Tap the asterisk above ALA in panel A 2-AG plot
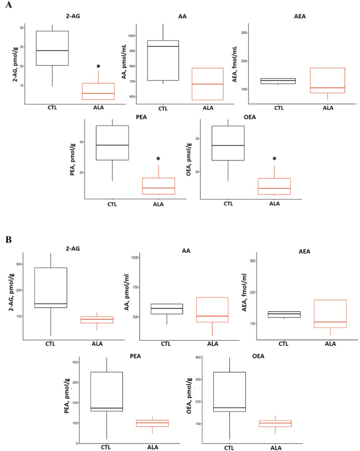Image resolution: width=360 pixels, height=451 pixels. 98,67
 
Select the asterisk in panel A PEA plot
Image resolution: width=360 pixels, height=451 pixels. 158,159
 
